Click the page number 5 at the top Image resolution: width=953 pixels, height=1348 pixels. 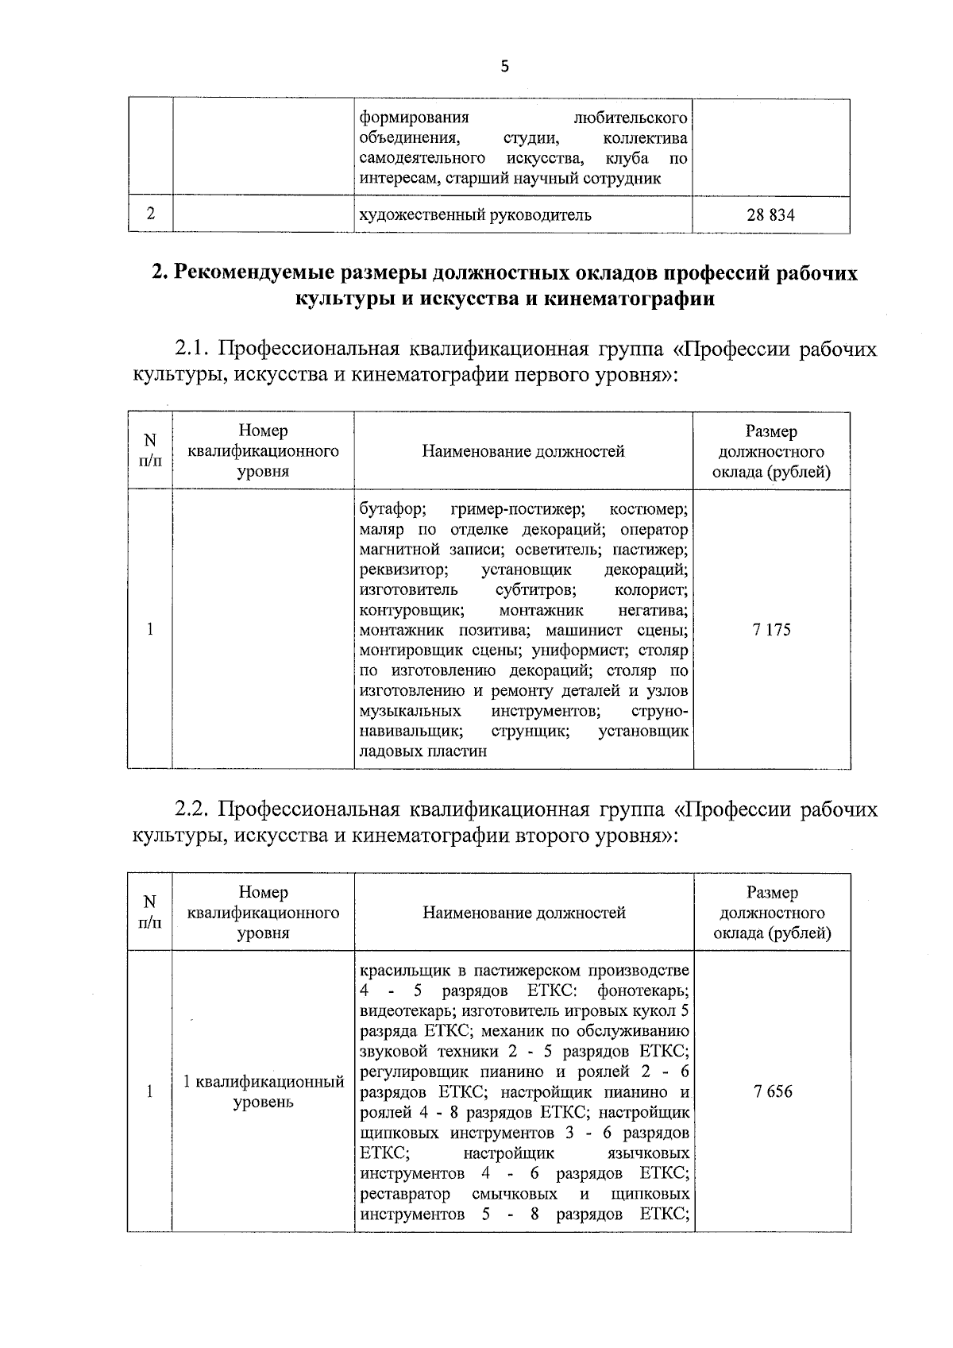click(504, 68)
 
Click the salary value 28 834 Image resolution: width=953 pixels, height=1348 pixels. click(770, 214)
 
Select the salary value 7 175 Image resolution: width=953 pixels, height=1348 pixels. click(771, 630)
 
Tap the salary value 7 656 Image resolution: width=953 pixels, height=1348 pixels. click(773, 1091)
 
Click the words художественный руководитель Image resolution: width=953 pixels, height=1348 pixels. click(476, 214)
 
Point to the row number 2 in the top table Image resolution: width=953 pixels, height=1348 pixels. click(149, 214)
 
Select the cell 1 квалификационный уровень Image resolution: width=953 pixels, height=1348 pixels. click(263, 1091)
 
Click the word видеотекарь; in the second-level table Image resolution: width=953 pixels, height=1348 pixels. click(407, 1011)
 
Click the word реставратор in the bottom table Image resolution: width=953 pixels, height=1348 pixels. click(405, 1195)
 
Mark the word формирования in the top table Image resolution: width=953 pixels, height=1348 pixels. click(414, 118)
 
